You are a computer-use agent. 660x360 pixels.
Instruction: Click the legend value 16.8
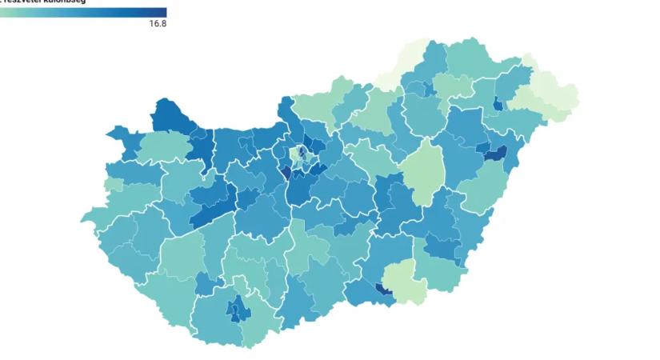click(157, 24)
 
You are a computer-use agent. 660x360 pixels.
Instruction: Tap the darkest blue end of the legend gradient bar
click(162, 12)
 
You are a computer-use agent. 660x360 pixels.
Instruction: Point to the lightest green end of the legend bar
click(3, 12)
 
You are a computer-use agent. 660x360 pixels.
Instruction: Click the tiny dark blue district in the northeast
click(498, 104)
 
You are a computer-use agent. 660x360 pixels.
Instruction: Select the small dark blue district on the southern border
click(383, 291)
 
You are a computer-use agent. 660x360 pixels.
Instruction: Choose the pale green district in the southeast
click(405, 281)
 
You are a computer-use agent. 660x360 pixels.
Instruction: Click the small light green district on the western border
click(113, 185)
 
